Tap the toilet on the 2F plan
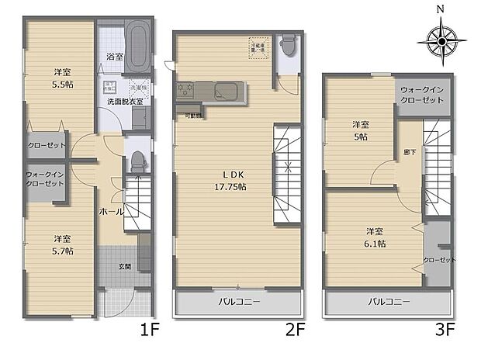coord(288,46)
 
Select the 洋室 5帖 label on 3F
coord(359,130)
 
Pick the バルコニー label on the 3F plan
coord(389,302)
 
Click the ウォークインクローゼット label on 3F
coord(422,95)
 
